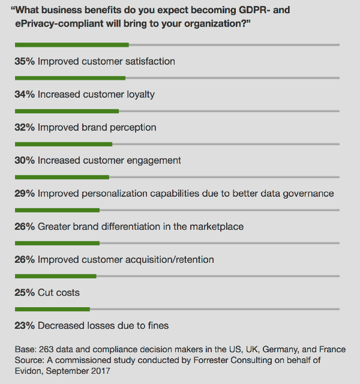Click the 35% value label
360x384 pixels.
25,61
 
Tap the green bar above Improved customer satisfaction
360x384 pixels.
71,45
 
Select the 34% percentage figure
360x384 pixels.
25,94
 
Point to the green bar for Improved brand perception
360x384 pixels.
67,111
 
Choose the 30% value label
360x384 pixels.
25,160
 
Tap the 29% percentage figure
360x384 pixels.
25,193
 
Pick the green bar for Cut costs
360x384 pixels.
55,276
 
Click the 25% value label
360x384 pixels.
25,292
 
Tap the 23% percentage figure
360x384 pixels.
25,325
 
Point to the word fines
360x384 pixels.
158,325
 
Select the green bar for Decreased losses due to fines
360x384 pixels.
52,309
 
